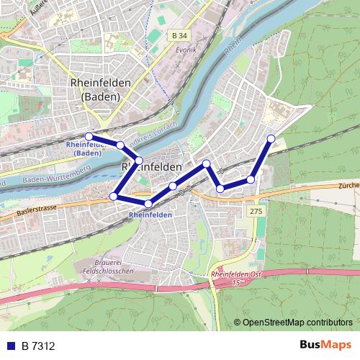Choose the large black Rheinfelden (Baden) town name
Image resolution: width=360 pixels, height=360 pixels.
[102, 90]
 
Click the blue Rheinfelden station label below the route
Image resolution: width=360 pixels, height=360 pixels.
[150, 215]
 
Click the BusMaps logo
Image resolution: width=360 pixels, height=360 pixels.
[324, 346]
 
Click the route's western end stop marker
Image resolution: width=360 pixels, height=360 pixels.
[89, 136]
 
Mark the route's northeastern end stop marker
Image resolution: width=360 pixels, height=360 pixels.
[271, 138]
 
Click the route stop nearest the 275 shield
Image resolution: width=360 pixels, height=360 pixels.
[251, 179]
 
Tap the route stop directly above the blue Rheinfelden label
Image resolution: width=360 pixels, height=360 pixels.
[148, 204]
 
